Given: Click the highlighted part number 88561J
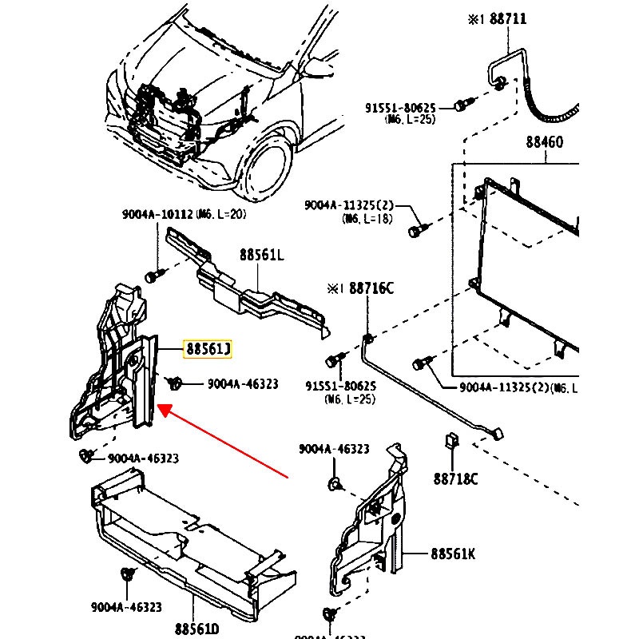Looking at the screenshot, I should (x=208, y=349).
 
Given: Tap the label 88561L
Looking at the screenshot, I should (x=261, y=255).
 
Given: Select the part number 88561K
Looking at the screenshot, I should (x=453, y=553).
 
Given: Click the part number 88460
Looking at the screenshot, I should (x=544, y=143).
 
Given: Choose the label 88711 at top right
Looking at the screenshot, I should (x=507, y=19).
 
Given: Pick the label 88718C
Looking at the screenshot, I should (x=455, y=479).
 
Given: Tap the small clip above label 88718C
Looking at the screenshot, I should (x=450, y=441).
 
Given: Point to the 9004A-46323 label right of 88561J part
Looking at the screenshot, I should (x=243, y=384).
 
